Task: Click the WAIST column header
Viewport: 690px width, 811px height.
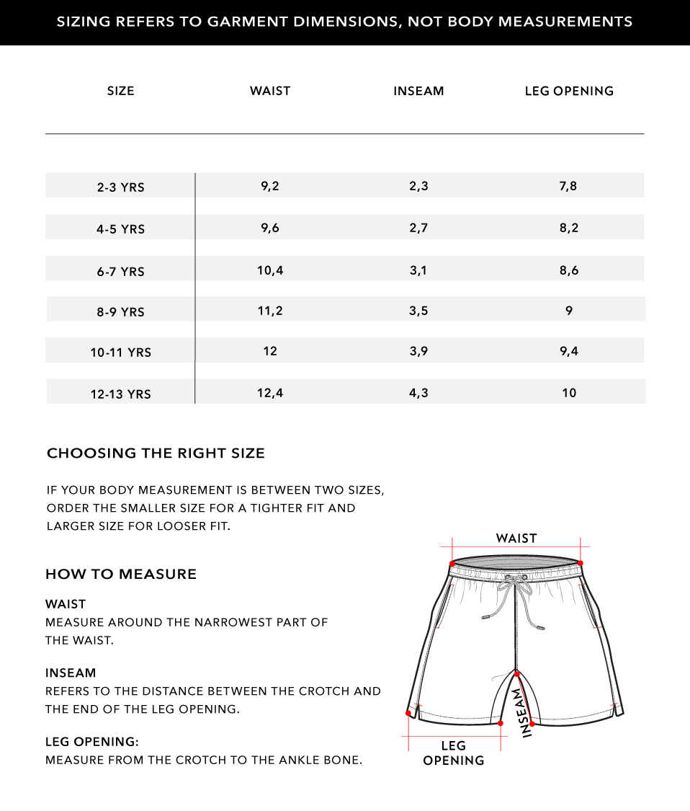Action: click(x=270, y=91)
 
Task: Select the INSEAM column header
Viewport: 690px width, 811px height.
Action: click(x=418, y=91)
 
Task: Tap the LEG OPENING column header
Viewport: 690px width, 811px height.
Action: click(x=569, y=91)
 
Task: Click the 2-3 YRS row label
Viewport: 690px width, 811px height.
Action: click(x=121, y=187)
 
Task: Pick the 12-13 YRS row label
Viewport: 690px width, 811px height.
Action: click(x=121, y=394)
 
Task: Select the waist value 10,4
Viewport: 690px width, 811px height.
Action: click(x=270, y=270)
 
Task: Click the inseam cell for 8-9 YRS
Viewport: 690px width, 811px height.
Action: click(x=418, y=311)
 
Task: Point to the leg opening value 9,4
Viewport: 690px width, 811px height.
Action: click(x=569, y=351)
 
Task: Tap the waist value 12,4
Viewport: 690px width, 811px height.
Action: click(x=270, y=393)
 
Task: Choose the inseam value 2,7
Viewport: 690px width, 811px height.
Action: click(x=418, y=228)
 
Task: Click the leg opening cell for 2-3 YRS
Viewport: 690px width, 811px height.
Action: click(x=568, y=186)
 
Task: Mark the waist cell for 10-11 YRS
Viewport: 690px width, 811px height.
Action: click(x=270, y=351)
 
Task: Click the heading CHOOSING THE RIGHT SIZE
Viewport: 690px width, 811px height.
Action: click(x=156, y=453)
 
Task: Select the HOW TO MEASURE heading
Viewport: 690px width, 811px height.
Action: click(x=121, y=575)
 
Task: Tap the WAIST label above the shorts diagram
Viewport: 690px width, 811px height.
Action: click(x=516, y=539)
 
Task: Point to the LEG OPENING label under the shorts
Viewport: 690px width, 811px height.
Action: click(x=454, y=753)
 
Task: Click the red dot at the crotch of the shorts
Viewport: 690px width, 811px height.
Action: click(x=516, y=674)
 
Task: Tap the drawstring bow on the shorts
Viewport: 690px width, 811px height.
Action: click(x=514, y=581)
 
